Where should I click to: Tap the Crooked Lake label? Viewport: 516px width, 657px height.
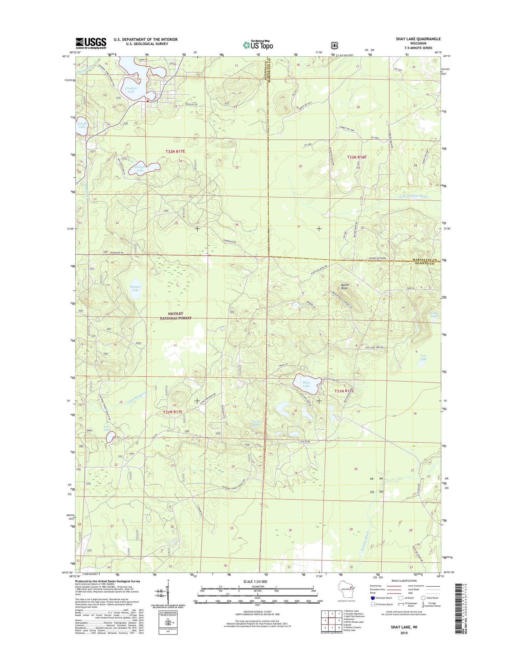[x=131, y=90]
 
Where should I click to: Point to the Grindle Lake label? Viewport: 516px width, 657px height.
[x=82, y=125]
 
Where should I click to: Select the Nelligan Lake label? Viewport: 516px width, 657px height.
[x=140, y=168]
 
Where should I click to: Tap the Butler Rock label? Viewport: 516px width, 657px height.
[x=345, y=286]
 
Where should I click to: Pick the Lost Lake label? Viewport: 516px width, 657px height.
[x=423, y=357]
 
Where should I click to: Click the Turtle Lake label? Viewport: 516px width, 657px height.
[x=256, y=423]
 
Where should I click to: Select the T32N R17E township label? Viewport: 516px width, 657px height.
[x=175, y=152]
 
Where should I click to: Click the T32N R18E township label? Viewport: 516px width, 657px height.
[x=357, y=157]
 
